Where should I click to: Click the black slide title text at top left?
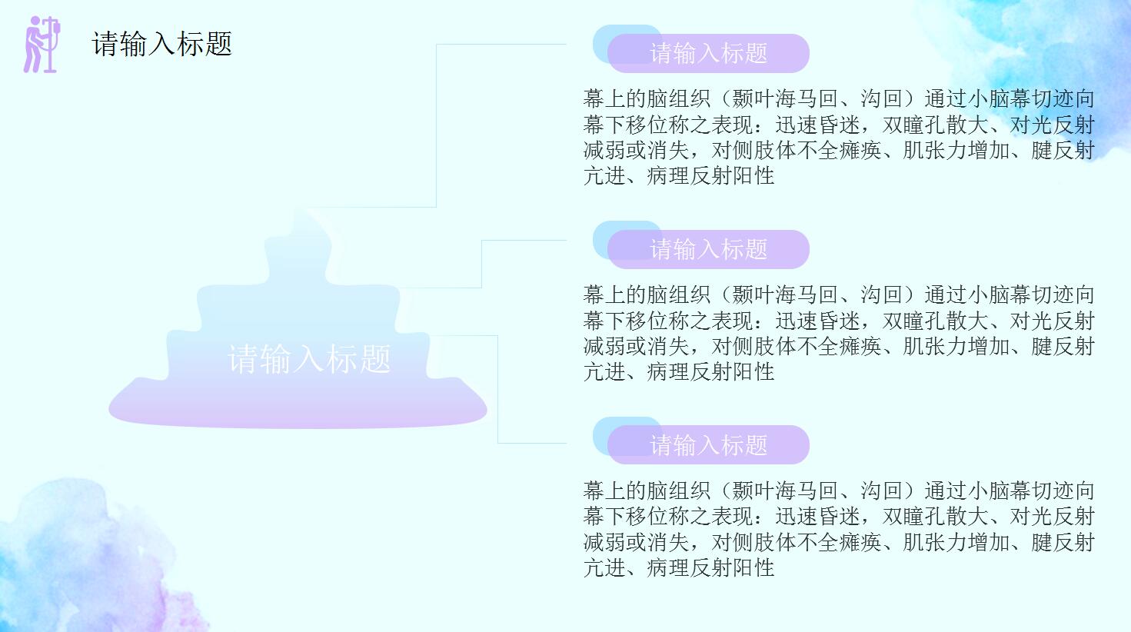click(162, 44)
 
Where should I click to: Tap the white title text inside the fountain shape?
click(309, 359)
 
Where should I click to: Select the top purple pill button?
click(709, 54)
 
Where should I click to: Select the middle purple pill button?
click(709, 250)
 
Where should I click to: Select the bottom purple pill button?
click(709, 446)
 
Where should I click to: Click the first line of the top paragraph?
click(838, 99)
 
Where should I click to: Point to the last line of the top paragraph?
click(679, 176)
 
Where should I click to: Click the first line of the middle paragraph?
click(838, 295)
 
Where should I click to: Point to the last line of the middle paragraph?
click(679, 372)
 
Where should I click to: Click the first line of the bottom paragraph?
click(838, 491)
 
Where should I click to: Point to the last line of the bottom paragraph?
click(679, 568)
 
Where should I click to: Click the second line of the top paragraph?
click(838, 125)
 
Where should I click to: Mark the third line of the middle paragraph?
click(838, 347)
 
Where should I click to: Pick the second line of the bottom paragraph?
click(838, 517)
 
